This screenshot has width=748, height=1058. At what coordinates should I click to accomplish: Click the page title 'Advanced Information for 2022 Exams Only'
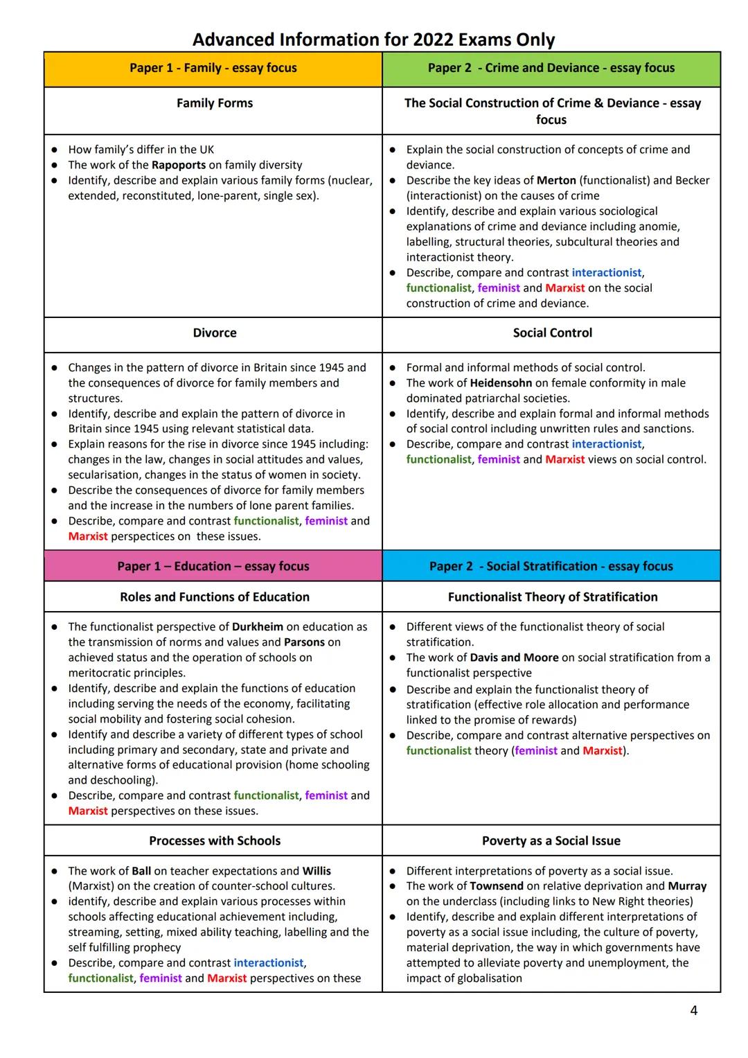coord(373,39)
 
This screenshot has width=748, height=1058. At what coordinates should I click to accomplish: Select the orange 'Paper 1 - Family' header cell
coord(213,68)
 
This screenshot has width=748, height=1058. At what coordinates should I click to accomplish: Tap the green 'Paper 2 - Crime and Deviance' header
coord(551,68)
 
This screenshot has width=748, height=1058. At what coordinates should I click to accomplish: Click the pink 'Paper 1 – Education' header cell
coord(213,566)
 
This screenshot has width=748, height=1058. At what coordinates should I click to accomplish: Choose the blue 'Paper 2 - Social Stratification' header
coord(551,566)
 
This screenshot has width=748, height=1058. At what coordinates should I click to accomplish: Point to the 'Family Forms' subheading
coord(215,103)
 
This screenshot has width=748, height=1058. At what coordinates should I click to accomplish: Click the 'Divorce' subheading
coord(215,333)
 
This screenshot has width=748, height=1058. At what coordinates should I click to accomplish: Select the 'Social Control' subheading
coord(553,333)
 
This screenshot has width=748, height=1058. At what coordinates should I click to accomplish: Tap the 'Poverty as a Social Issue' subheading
coord(551,841)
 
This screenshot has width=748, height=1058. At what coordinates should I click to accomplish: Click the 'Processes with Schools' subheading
coord(215,841)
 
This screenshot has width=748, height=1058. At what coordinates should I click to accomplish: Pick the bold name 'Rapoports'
coord(179,165)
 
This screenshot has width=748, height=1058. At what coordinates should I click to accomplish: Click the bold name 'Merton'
coord(556,180)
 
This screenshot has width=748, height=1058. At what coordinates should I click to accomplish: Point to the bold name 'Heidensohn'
coord(501,383)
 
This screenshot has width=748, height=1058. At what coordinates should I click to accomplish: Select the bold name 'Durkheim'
coord(258,627)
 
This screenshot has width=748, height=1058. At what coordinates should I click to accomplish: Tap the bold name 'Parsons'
coord(304,642)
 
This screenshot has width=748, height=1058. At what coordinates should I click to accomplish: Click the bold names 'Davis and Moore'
coord(514,658)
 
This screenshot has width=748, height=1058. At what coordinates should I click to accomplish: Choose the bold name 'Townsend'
coord(497,886)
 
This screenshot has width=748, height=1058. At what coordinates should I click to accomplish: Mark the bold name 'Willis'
coord(317,871)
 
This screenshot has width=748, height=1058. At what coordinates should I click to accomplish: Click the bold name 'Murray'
coord(687,886)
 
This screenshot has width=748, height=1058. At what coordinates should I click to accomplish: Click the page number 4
coord(694,1011)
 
